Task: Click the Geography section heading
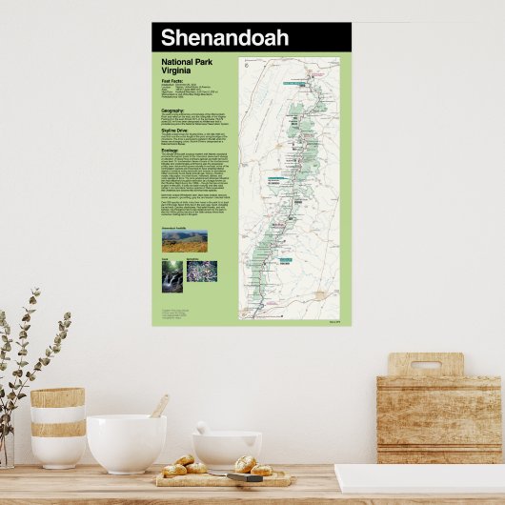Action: point(173,111)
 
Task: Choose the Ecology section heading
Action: point(172,151)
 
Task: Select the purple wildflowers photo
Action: point(202,274)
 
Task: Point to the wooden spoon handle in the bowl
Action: point(160,407)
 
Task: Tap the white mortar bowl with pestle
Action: point(227,448)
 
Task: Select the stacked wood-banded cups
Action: point(57,426)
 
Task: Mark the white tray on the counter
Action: point(419,477)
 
